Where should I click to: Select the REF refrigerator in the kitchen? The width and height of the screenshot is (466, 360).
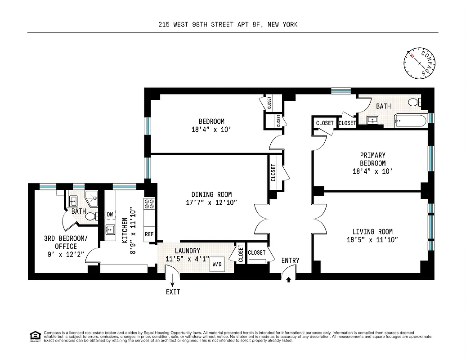149,234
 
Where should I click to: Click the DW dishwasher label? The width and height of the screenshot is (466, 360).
110,214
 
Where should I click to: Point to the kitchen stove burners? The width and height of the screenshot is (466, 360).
149,204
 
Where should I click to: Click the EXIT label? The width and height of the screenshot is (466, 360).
173,292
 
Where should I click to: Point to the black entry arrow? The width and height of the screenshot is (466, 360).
288,279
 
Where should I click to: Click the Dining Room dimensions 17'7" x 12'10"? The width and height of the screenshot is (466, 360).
211,202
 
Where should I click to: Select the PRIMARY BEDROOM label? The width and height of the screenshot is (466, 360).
372,159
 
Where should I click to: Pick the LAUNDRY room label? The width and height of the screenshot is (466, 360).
189,251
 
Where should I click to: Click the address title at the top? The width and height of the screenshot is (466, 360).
228,25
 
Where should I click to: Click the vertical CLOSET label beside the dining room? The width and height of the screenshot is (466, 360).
273,172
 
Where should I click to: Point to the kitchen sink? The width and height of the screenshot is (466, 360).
110,229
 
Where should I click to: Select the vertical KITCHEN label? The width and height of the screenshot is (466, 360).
125,230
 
